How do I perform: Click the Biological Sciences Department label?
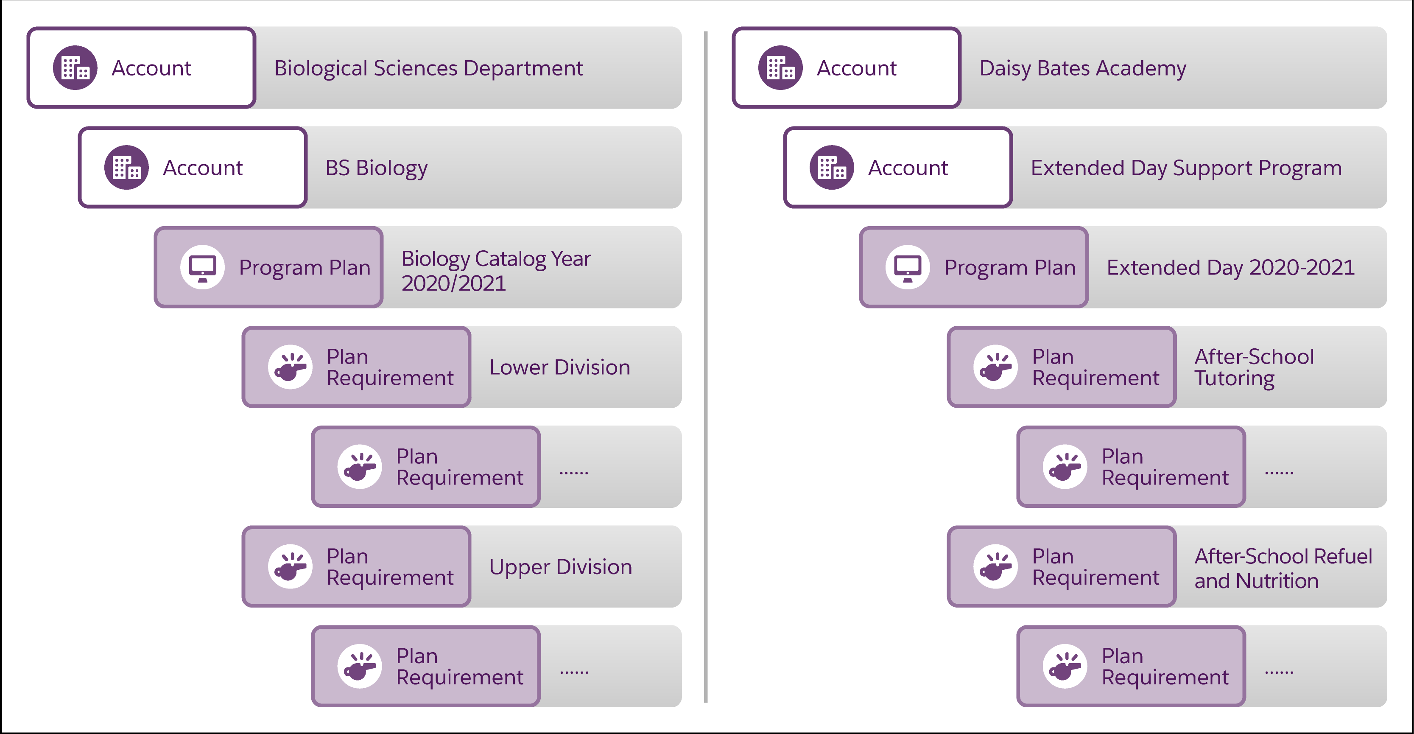428,68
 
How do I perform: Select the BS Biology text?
376,168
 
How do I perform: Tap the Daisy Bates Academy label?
1082,68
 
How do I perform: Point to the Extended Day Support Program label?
1186,168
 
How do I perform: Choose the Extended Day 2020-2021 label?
1230,268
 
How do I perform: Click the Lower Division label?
559,367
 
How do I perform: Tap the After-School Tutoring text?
1254,367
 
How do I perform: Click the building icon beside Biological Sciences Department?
75,67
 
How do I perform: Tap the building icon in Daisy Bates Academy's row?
780,67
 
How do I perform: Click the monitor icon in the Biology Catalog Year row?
203,267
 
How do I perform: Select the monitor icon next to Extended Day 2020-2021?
907,267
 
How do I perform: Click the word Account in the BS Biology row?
203,168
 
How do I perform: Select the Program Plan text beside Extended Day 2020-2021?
1009,268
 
